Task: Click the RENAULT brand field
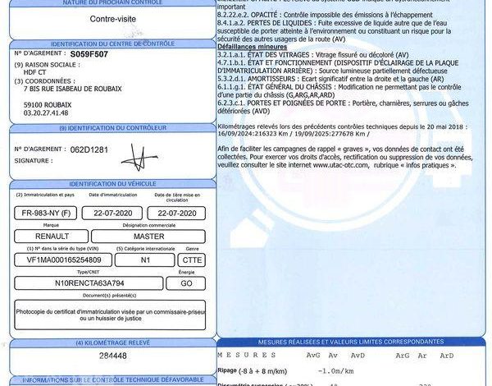[x=52, y=235]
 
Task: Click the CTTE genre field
[x=190, y=260]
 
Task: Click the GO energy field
[x=185, y=283]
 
